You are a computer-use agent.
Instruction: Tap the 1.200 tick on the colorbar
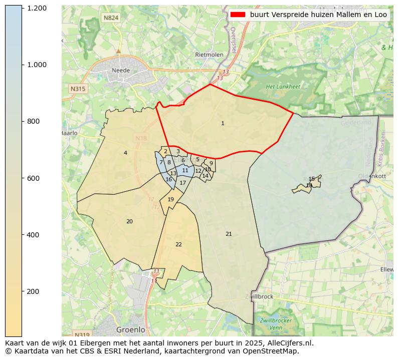pyautogui.click(x=37, y=8)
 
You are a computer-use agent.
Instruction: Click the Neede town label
pyautogui.click(x=121, y=71)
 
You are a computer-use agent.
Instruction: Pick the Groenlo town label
pyautogui.click(x=130, y=330)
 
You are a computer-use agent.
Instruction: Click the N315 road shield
pyautogui.click(x=78, y=89)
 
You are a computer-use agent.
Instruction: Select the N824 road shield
pyautogui.click(x=111, y=18)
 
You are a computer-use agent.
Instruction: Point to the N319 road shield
pyautogui.click(x=81, y=334)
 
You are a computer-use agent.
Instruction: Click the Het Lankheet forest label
pyautogui.click(x=283, y=87)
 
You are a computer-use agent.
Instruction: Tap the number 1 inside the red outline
pyautogui.click(x=223, y=123)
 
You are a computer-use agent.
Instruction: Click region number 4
pyautogui.click(x=125, y=153)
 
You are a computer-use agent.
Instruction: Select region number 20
pyautogui.click(x=129, y=221)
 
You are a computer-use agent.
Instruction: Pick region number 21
pyautogui.click(x=229, y=234)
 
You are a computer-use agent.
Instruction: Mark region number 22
pyautogui.click(x=178, y=244)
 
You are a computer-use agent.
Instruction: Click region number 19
pyautogui.click(x=170, y=199)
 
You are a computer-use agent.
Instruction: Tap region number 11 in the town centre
pyautogui.click(x=185, y=170)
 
